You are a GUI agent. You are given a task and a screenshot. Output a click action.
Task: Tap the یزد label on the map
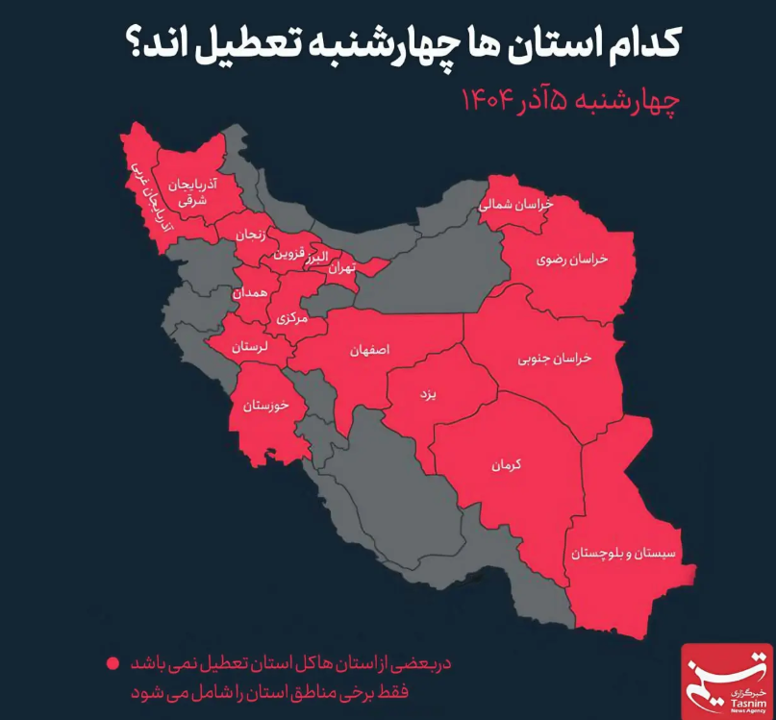(428, 394)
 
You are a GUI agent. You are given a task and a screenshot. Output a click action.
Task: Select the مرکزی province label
(291, 317)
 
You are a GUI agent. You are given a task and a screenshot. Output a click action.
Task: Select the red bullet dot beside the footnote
(113, 663)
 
